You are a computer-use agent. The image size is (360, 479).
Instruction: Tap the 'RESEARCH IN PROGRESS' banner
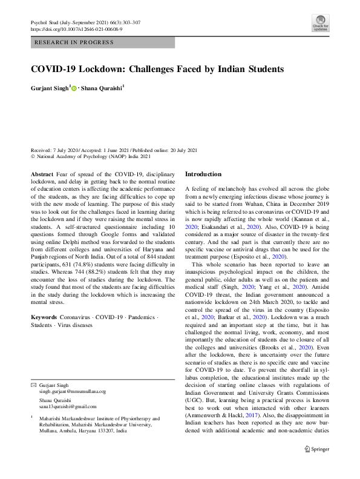point(74,42)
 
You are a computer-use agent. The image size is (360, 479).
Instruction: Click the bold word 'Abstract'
point(41,174)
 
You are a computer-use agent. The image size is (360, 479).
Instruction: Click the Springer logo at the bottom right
point(316,467)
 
